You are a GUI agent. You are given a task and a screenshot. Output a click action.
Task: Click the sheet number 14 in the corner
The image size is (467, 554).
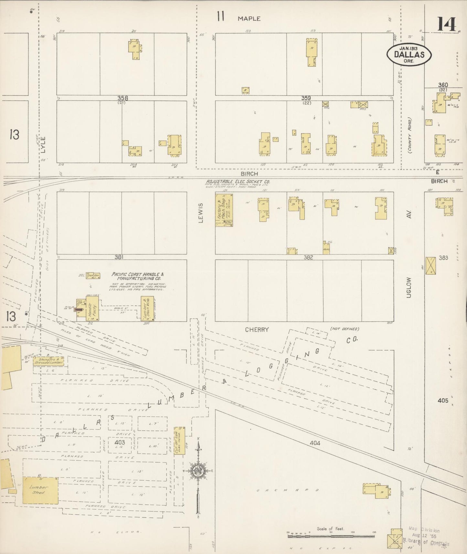pos(447,24)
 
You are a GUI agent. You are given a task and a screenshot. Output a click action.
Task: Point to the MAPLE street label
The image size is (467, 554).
pos(249,19)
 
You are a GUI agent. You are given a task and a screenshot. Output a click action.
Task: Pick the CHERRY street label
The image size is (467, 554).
pos(257,330)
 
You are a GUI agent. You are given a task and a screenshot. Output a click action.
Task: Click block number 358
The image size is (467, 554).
pos(122,98)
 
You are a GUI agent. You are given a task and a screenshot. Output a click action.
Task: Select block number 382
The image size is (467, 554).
pos(308,258)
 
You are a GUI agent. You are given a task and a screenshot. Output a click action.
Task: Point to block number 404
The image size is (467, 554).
pos(314,443)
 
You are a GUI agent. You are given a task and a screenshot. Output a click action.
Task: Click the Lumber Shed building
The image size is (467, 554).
pos(40,490)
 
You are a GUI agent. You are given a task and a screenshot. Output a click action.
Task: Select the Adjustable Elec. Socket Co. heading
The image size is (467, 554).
pos(238,182)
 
